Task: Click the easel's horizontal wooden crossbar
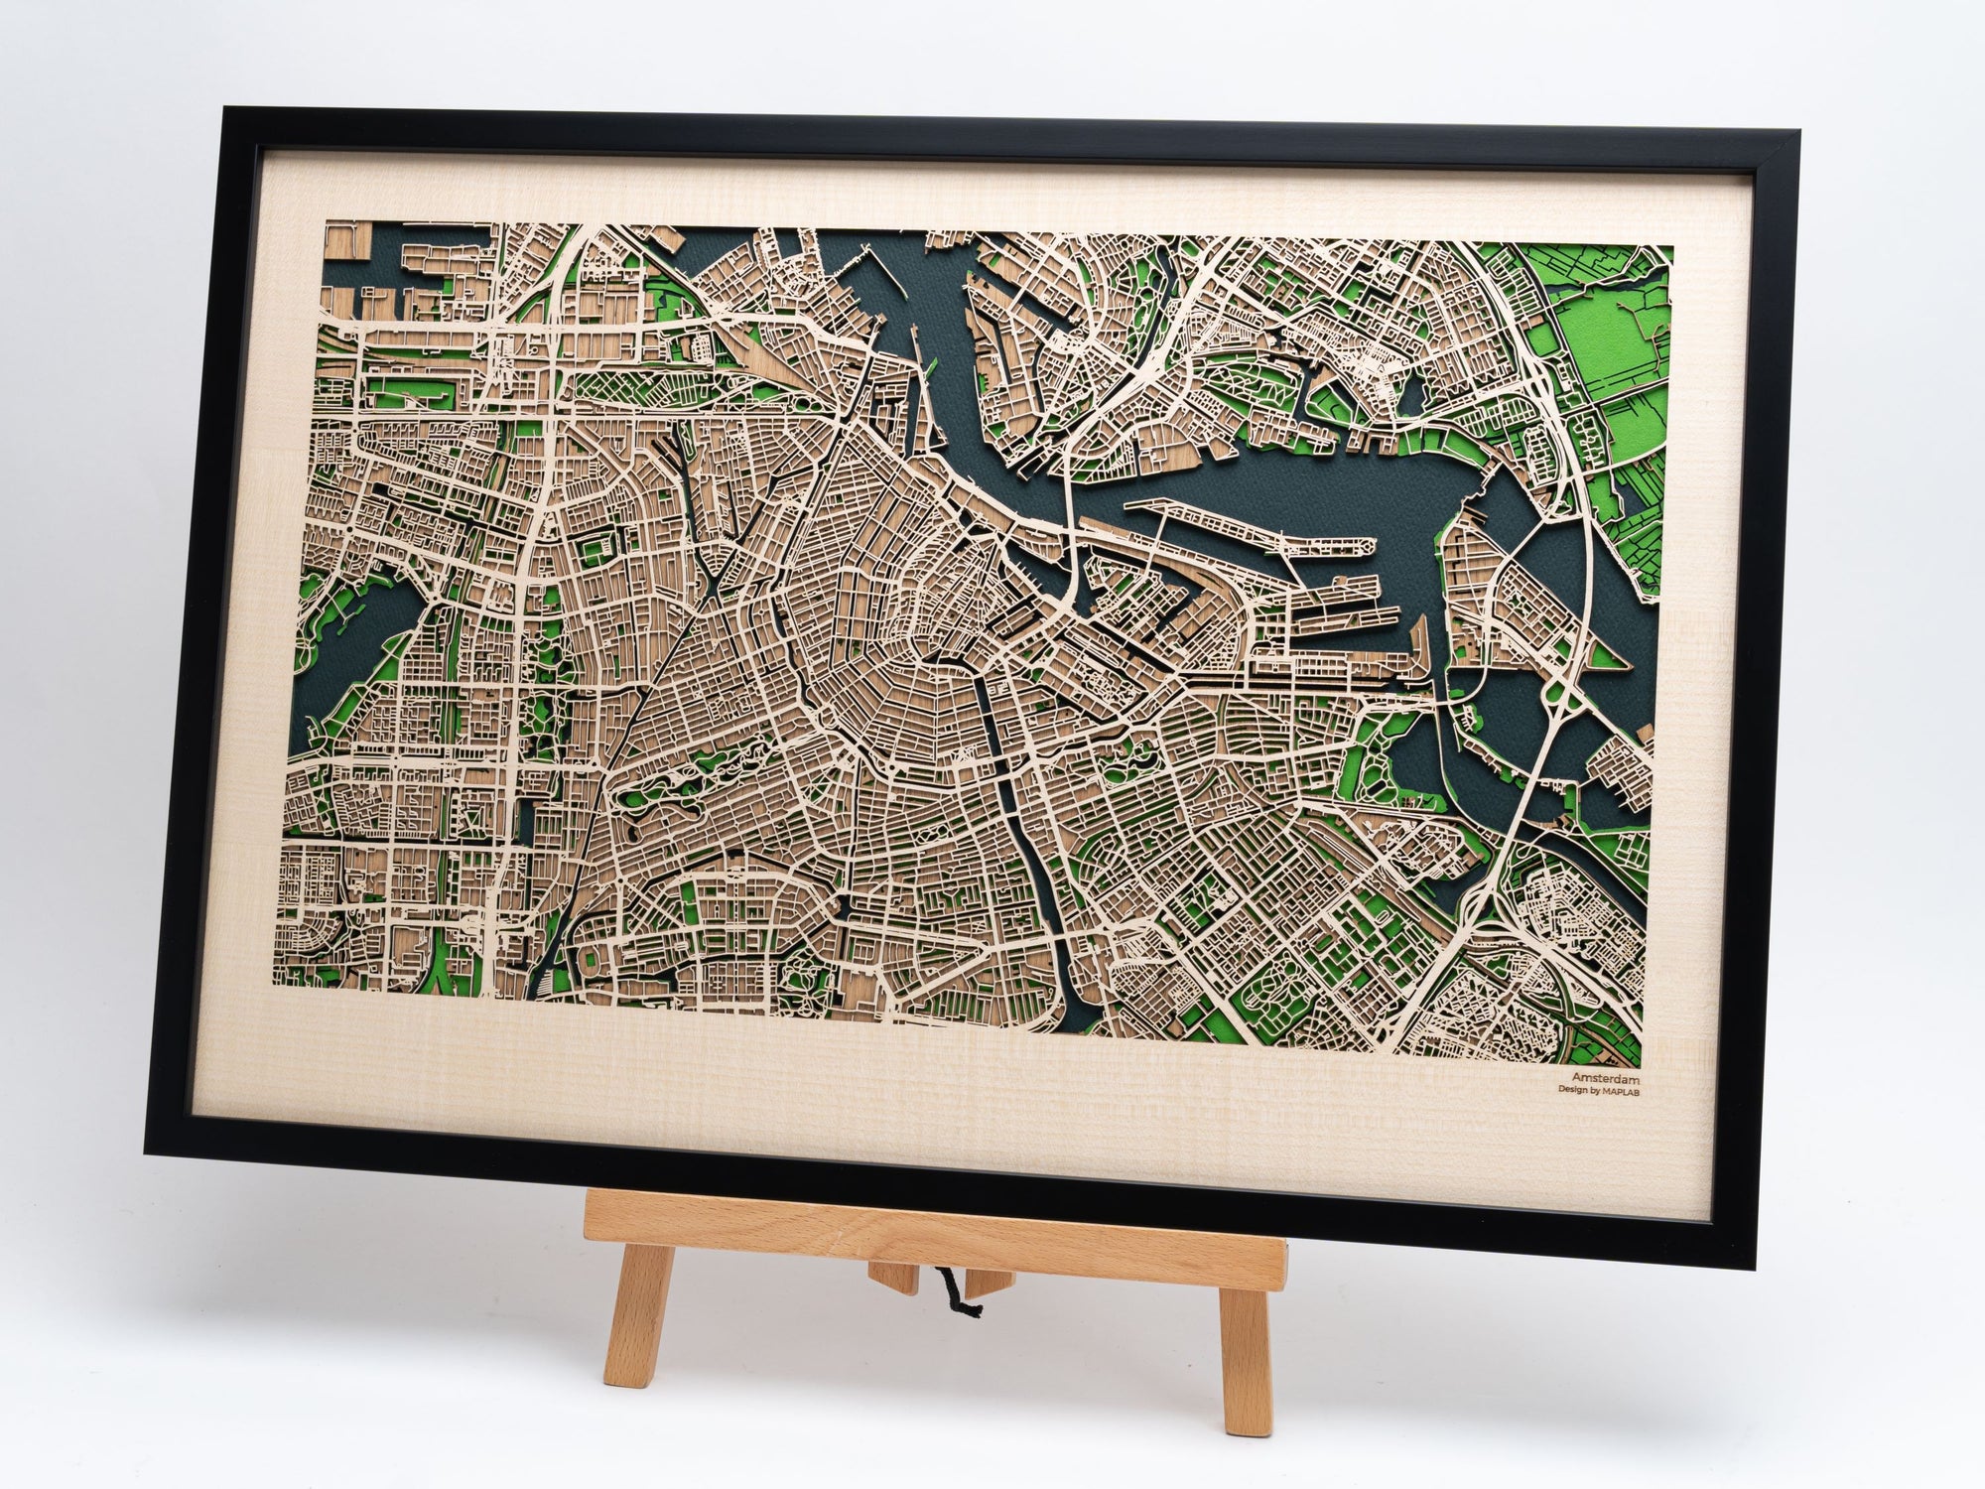933,1236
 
